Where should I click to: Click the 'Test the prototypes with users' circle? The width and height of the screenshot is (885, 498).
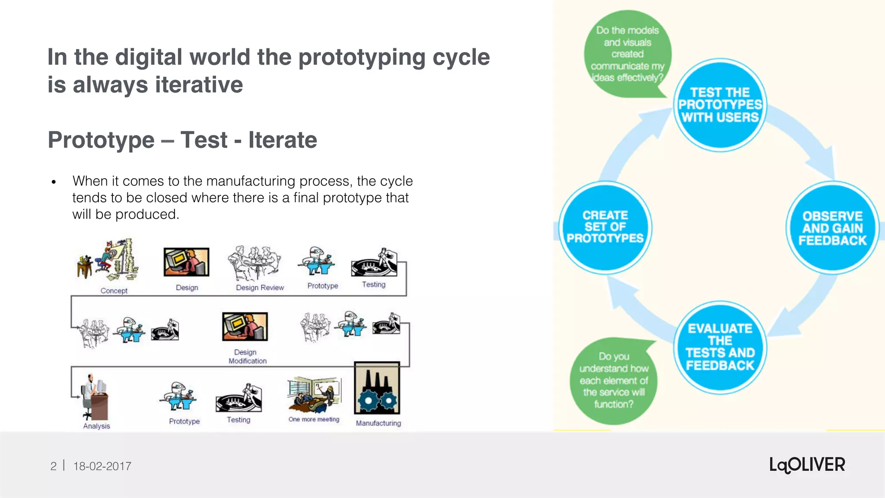(x=720, y=105)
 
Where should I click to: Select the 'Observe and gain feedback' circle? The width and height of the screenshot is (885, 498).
(x=832, y=228)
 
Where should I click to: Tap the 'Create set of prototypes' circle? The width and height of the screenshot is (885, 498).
(x=605, y=227)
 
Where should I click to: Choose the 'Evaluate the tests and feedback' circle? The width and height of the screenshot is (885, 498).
(x=720, y=347)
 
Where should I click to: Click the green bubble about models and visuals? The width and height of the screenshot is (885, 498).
(x=627, y=54)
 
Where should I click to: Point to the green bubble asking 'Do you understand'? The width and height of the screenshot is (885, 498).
(x=614, y=380)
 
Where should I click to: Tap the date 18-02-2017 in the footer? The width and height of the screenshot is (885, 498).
(x=102, y=466)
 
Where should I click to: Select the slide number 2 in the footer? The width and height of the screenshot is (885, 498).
(x=53, y=466)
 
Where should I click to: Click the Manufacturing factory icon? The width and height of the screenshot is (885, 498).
(x=377, y=388)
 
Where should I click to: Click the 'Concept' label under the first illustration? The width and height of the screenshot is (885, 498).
(x=114, y=291)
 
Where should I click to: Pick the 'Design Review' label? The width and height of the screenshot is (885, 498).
(x=260, y=287)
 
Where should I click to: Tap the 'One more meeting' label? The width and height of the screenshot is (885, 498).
(x=314, y=419)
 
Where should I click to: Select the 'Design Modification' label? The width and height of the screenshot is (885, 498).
(x=247, y=357)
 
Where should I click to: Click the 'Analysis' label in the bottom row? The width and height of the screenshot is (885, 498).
(x=96, y=426)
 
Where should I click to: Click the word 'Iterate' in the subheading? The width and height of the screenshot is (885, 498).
(x=283, y=140)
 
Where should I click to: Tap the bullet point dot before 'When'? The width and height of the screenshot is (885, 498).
(x=54, y=182)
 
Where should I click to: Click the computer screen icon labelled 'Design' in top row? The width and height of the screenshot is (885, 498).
(x=186, y=262)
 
